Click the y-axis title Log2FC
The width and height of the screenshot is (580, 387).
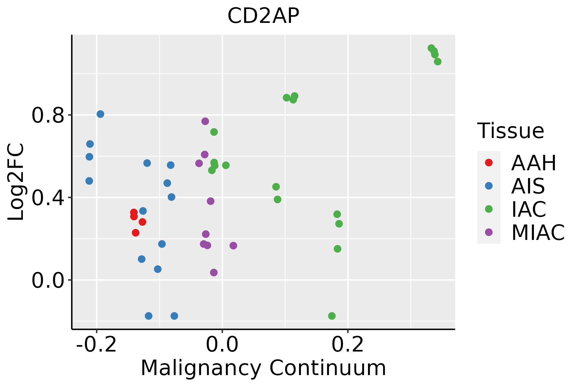point(16,182)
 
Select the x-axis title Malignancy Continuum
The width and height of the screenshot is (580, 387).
point(263,368)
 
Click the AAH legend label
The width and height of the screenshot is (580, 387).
point(534,163)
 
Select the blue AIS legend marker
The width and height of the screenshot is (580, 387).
point(489,186)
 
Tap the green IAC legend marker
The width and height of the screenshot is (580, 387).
point(489,209)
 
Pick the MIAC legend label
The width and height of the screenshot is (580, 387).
point(538,232)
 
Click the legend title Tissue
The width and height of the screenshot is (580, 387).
point(510,131)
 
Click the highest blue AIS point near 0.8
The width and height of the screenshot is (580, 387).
point(101,114)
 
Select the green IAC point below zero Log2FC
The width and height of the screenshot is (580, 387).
point(332,316)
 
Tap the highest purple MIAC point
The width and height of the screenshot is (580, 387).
point(205,121)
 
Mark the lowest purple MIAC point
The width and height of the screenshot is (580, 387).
point(214,273)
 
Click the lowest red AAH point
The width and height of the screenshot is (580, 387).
point(136,233)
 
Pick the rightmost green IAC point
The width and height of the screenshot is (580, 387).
point(438,62)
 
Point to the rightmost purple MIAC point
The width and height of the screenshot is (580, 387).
point(233,246)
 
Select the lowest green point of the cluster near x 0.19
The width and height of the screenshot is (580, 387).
point(337,249)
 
